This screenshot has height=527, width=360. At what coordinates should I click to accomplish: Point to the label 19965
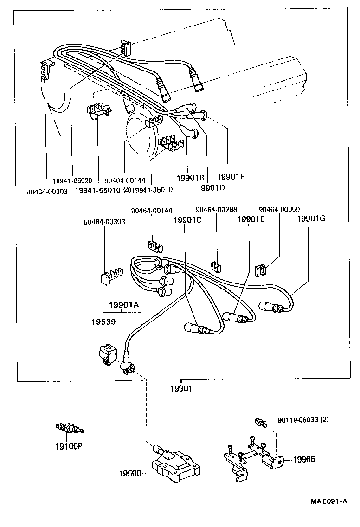click(x=304, y=459)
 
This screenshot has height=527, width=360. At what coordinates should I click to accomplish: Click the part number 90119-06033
click(x=297, y=420)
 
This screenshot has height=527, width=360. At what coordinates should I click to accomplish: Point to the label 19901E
click(x=251, y=219)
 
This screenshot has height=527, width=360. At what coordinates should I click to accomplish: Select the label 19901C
click(x=187, y=219)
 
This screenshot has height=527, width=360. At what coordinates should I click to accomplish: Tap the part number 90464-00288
click(x=215, y=210)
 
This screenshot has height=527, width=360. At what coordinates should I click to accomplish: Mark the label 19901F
click(x=231, y=176)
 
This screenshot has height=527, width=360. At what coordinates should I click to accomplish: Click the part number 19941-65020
click(x=72, y=180)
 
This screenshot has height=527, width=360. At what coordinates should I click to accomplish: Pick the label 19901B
click(x=191, y=178)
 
